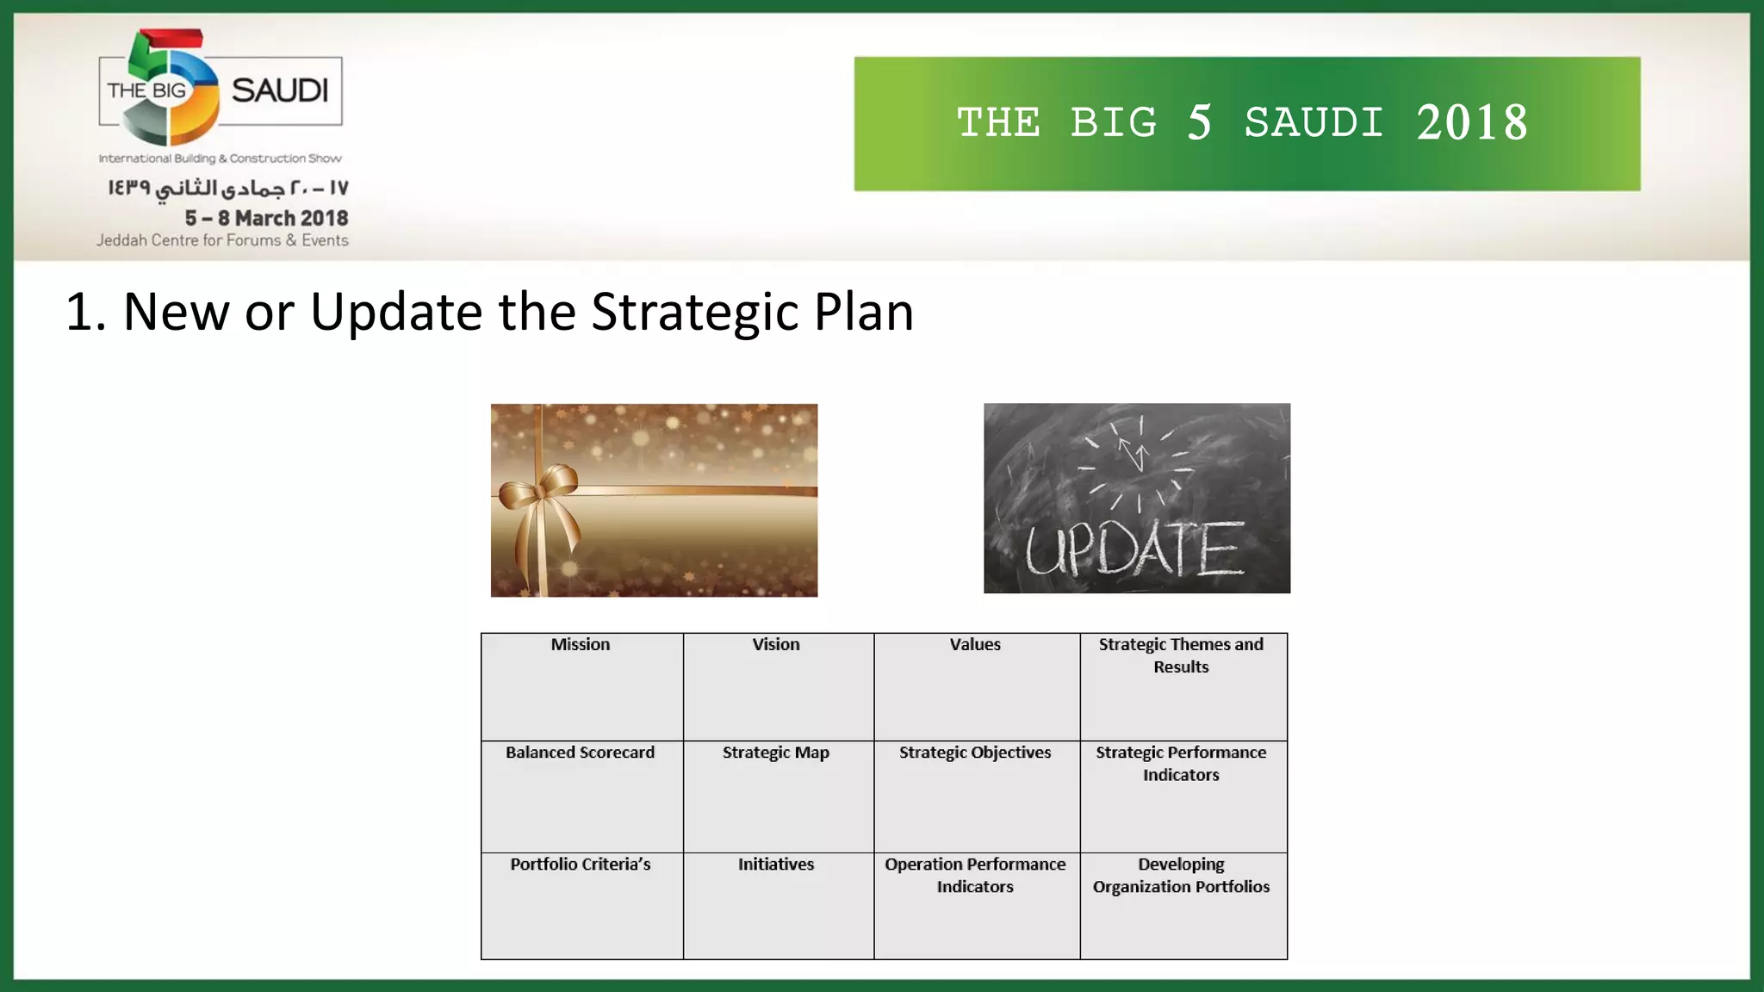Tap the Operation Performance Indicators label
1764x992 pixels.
[975, 875]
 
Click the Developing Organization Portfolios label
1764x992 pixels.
[1181, 875]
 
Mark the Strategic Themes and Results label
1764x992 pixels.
[1181, 655]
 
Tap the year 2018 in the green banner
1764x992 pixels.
[1472, 123]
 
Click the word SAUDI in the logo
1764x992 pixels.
[280, 90]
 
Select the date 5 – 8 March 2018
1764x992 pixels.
[266, 218]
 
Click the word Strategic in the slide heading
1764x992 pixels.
[694, 312]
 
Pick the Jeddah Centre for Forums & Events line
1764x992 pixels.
[222, 240]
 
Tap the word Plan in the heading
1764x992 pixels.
[863, 312]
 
